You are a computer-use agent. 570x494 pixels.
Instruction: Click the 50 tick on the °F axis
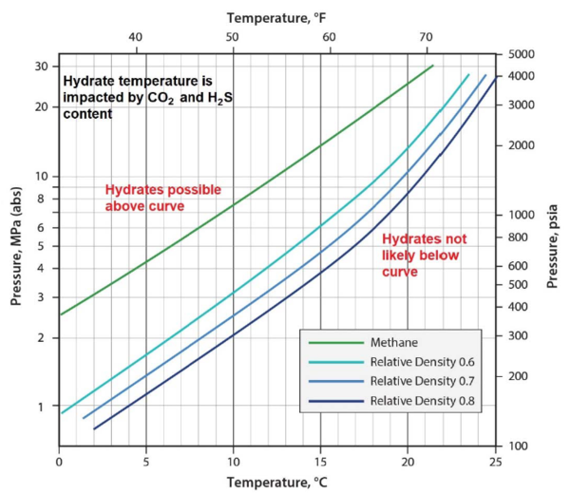[232, 37]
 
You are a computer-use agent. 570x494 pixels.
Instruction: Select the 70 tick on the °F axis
[426, 37]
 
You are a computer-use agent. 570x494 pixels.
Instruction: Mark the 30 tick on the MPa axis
[42, 66]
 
